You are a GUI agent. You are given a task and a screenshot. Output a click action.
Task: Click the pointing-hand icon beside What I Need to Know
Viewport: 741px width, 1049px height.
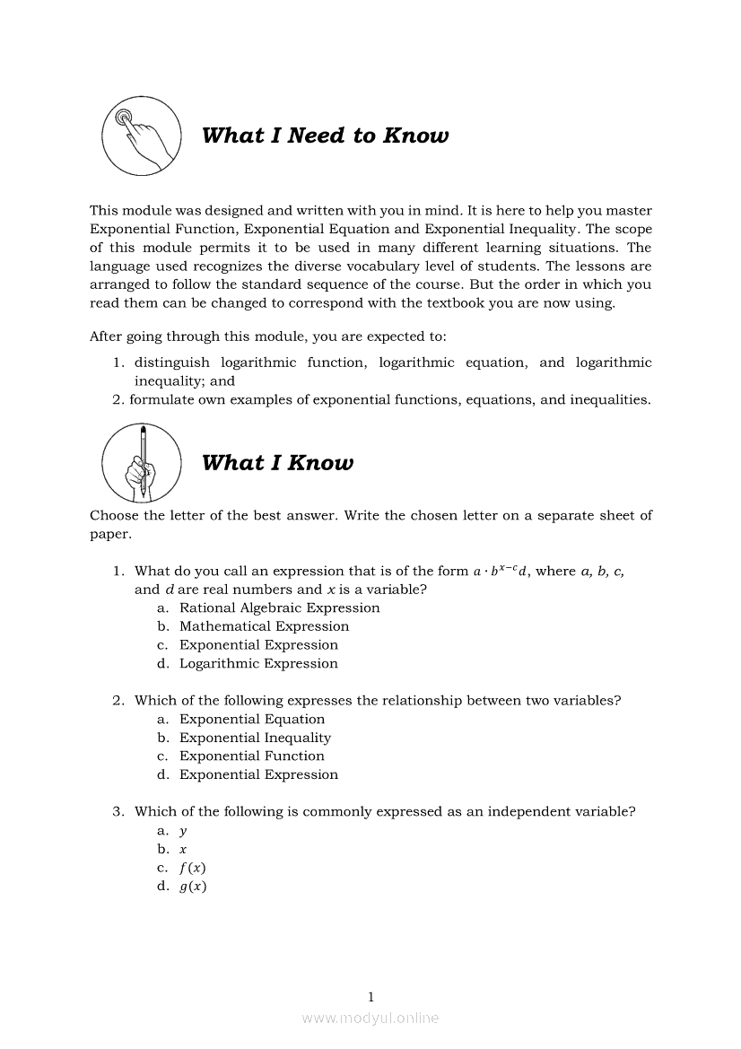click(x=141, y=135)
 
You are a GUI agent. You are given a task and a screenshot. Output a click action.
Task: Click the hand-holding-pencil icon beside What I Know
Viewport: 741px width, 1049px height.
click(x=141, y=463)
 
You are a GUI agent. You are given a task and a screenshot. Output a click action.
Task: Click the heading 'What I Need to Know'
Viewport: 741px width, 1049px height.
click(x=325, y=135)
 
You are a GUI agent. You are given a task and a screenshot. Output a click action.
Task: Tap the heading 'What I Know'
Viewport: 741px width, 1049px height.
click(x=277, y=463)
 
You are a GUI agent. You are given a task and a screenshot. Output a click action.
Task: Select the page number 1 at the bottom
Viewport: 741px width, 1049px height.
click(x=370, y=996)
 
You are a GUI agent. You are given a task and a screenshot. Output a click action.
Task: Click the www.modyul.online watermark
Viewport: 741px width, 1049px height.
click(x=370, y=1018)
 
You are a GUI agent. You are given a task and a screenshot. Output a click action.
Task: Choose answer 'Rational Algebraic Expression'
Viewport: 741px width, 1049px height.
click(x=279, y=608)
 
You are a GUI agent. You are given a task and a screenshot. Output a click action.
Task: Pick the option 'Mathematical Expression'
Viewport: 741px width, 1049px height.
click(x=264, y=626)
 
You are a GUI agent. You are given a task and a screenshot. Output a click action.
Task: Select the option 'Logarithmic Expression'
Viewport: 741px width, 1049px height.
click(x=258, y=664)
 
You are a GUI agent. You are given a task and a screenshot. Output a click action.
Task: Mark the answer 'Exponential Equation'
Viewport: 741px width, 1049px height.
click(x=252, y=719)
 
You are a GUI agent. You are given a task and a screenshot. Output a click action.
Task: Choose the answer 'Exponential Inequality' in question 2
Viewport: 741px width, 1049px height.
click(x=255, y=738)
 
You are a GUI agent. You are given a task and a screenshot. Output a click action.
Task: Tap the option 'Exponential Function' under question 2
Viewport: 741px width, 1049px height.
click(x=251, y=756)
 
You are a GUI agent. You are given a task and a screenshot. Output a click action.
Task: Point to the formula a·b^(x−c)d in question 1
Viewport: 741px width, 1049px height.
click(x=501, y=571)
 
